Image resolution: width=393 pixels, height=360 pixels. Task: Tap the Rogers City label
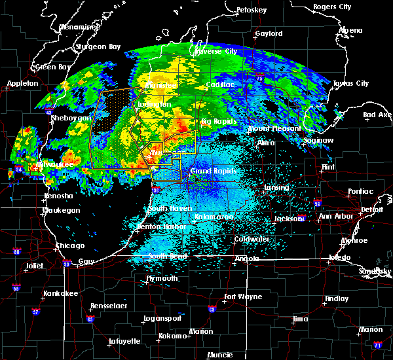click(332, 7)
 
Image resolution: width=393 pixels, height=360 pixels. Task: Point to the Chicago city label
click(69, 245)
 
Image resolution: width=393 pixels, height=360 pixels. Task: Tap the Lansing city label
click(276, 188)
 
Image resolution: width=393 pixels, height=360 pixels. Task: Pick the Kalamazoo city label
click(212, 217)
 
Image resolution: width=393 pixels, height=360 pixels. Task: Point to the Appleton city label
click(23, 84)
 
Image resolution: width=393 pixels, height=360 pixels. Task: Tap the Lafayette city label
click(124, 341)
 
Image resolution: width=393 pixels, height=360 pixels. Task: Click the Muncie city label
click(219, 355)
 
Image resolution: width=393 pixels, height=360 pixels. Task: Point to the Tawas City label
click(350, 84)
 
